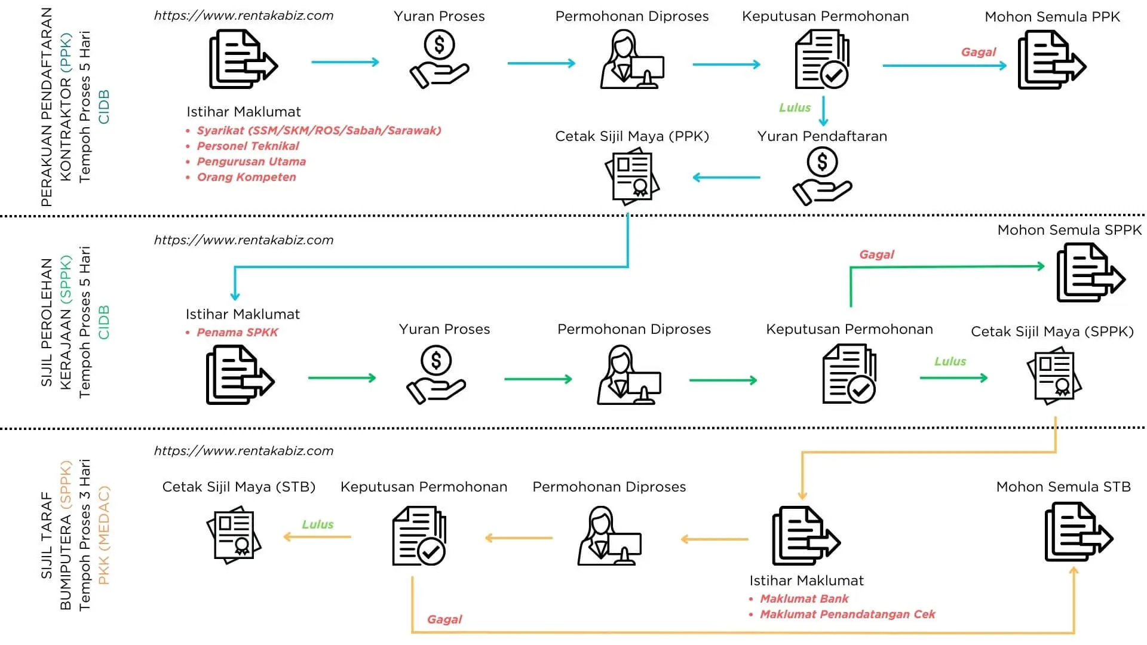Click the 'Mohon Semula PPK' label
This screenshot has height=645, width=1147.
coord(1052,17)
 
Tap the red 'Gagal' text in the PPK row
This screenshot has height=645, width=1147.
coord(978,52)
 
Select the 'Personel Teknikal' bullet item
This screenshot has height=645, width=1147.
coord(248,146)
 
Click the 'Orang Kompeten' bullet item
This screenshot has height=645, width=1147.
coord(246,177)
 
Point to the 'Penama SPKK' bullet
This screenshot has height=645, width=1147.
coord(237,332)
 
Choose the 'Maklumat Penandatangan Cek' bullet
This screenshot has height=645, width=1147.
coord(847,614)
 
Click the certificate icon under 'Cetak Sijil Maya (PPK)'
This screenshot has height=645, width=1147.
coord(632,178)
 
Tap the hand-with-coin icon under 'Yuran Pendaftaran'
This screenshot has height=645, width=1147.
coord(822,177)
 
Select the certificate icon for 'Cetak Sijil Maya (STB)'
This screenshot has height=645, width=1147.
coord(234,535)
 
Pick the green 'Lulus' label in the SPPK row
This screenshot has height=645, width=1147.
coord(950,361)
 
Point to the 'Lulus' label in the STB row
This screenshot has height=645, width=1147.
coord(317,524)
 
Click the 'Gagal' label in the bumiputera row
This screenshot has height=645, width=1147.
coord(444,619)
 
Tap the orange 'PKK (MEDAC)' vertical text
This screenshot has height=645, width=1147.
coord(103,535)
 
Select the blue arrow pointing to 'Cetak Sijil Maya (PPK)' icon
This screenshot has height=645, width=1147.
coord(726,177)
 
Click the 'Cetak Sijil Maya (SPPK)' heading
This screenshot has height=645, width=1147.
coord(1052,331)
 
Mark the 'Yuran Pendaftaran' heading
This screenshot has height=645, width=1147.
coord(822,136)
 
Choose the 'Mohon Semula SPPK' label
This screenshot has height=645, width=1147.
coord(1069,230)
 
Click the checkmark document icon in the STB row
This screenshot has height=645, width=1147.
coord(419,536)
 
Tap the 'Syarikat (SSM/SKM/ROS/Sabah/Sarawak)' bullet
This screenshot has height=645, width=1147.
coord(319,130)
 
